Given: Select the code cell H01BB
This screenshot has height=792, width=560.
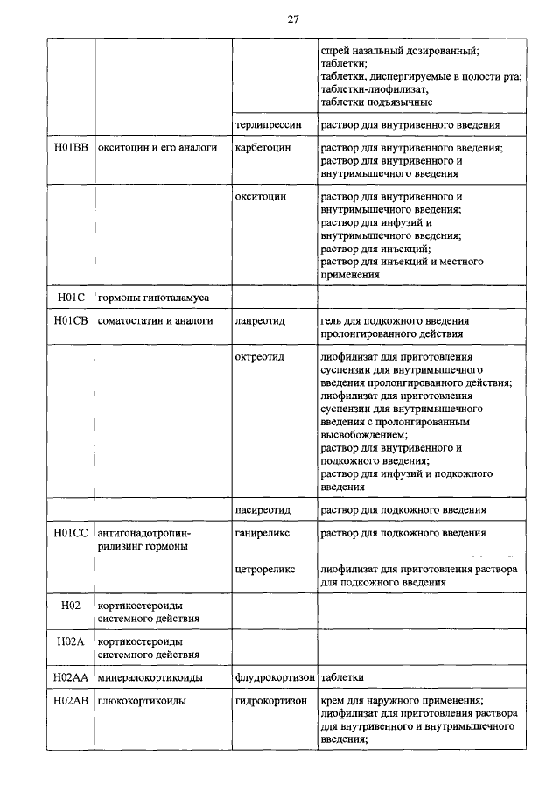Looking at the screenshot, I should pyautogui.click(x=70, y=148).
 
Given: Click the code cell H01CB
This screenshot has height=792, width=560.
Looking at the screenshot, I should pyautogui.click(x=70, y=321).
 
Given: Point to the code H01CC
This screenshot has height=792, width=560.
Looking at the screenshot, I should pyautogui.click(x=70, y=532).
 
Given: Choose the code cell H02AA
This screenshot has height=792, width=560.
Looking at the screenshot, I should pyautogui.click(x=70, y=677).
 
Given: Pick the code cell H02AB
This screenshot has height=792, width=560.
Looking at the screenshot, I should pyautogui.click(x=70, y=701).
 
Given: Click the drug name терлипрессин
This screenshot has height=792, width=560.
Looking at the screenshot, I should pyautogui.click(x=269, y=125).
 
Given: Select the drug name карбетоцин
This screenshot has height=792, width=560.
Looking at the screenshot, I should pyautogui.click(x=262, y=148).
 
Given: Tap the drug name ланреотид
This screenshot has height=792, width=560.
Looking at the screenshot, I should pyautogui.click(x=261, y=321).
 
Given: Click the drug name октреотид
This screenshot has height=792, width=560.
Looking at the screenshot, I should pyautogui.click(x=261, y=358).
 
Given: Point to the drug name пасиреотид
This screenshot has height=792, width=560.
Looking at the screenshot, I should pyautogui.click(x=266, y=509).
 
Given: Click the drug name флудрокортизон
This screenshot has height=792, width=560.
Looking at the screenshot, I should pyautogui.click(x=275, y=677).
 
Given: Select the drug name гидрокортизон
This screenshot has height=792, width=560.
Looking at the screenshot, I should pyautogui.click(x=270, y=701).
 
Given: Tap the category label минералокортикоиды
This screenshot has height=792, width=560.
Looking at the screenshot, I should pyautogui.click(x=150, y=677).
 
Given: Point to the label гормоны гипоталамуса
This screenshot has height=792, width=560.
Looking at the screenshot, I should pyautogui.click(x=153, y=298).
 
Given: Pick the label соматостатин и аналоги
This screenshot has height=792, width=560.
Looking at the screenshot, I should pyautogui.click(x=156, y=321).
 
